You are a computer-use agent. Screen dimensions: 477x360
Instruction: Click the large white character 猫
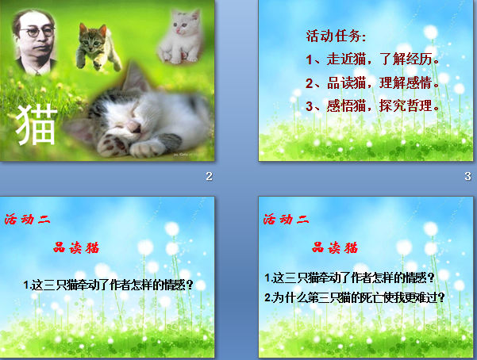click(37, 124)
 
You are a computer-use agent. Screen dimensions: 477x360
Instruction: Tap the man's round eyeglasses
click(37, 32)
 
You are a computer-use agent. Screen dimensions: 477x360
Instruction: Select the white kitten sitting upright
click(181, 36)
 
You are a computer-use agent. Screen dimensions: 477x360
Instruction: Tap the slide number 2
click(209, 176)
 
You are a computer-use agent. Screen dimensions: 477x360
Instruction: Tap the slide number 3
click(468, 176)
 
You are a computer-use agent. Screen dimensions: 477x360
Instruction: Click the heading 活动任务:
click(336, 36)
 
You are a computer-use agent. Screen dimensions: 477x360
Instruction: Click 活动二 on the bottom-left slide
click(27, 219)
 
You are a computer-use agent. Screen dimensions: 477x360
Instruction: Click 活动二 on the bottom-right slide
click(286, 219)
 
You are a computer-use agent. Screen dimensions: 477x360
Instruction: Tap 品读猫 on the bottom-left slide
click(76, 248)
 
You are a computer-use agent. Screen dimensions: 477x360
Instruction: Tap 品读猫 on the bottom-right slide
click(335, 248)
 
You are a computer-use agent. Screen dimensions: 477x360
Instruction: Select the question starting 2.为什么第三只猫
click(355, 297)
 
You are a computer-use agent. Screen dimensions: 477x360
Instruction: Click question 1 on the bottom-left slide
click(108, 285)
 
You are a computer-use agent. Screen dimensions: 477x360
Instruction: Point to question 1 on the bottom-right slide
click(349, 278)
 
